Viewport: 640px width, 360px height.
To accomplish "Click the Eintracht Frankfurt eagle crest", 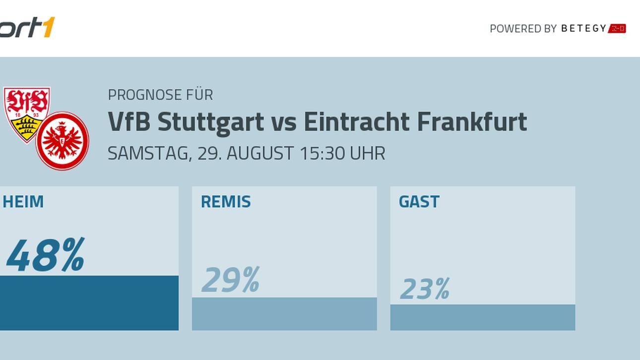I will click(63, 141).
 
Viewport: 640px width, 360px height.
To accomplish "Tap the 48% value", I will click(45, 255).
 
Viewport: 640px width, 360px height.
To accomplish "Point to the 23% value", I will click(425, 289).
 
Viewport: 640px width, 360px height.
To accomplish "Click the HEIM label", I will click(23, 202).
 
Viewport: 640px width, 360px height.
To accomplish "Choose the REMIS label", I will click(226, 202).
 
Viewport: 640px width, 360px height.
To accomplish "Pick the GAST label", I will click(419, 202).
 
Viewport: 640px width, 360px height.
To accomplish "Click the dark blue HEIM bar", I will click(89, 303).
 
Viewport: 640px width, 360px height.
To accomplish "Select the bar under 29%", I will click(284, 314).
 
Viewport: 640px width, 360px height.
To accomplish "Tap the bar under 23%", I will click(483, 317).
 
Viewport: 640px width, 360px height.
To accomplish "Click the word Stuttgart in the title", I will click(211, 122).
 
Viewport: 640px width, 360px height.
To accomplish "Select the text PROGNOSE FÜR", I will click(160, 95).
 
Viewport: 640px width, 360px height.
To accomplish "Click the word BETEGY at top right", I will click(583, 28).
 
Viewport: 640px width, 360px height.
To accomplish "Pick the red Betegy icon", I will click(617, 28).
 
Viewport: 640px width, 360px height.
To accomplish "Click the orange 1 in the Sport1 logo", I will click(48, 27).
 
